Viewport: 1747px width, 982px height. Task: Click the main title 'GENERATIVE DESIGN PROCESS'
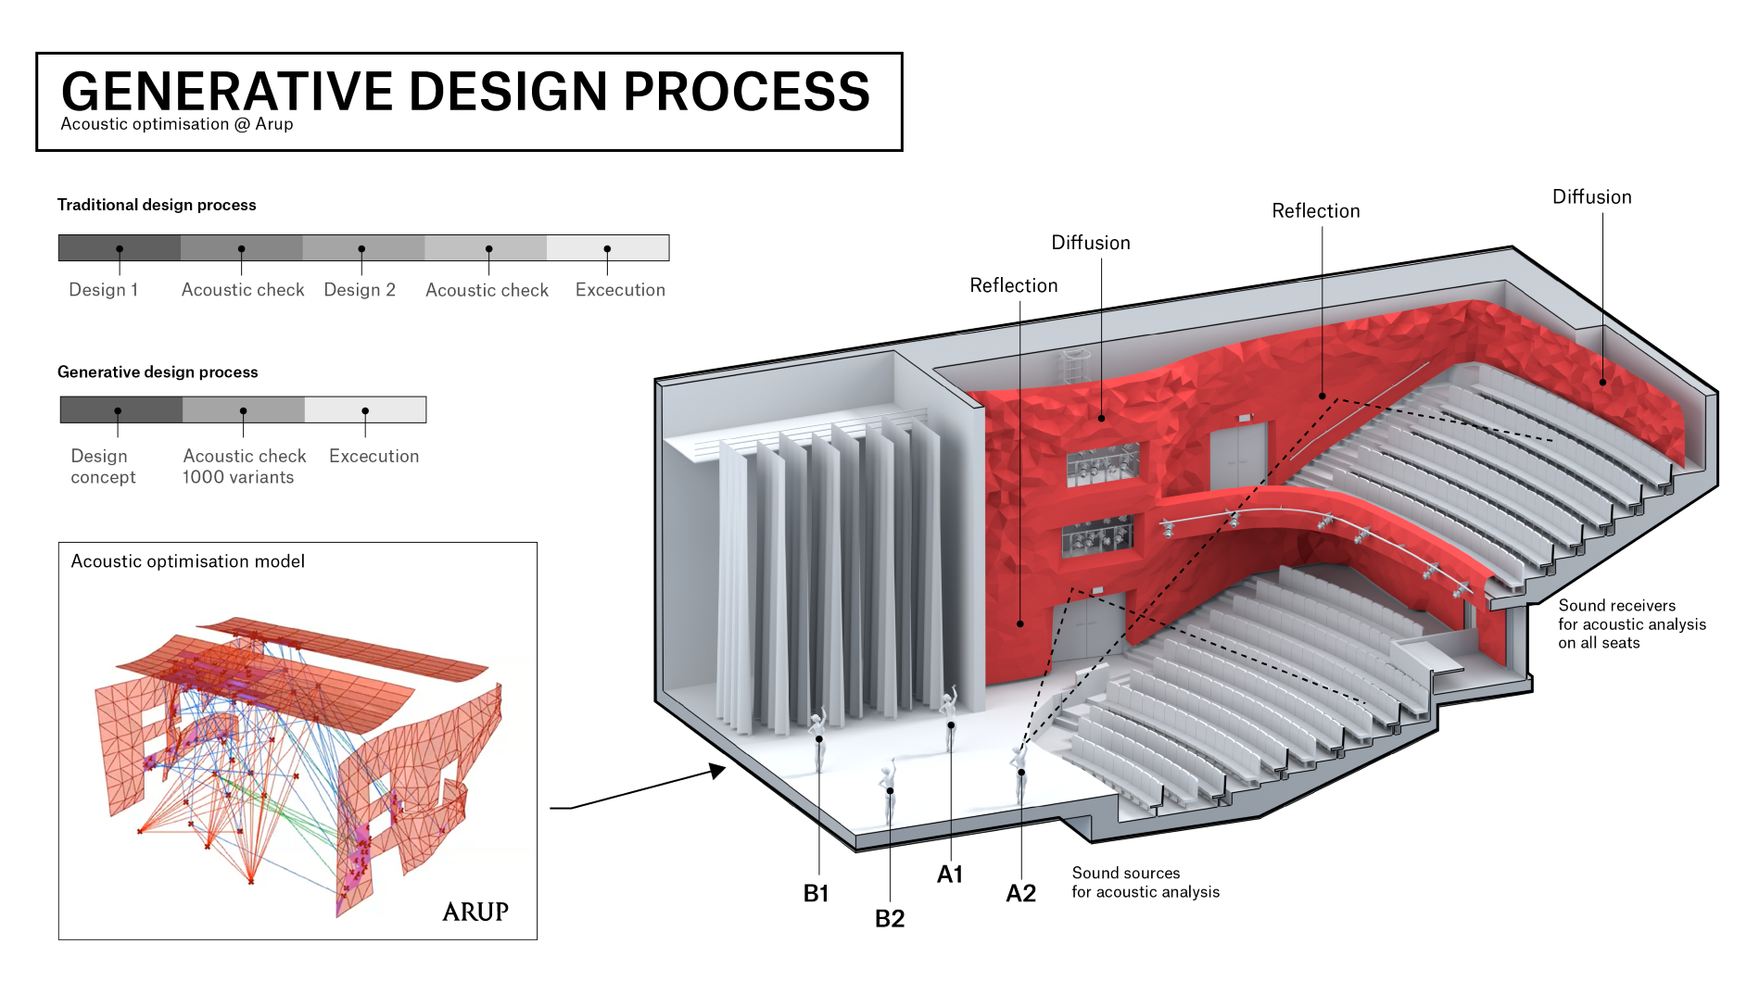pyautogui.click(x=465, y=92)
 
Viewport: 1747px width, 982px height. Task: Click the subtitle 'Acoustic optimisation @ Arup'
pyautogui.click(x=177, y=124)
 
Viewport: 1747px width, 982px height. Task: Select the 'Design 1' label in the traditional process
pyautogui.click(x=104, y=290)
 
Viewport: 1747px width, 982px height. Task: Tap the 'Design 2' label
pyautogui.click(x=360, y=290)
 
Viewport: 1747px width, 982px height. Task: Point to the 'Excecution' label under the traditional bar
pyautogui.click(x=620, y=290)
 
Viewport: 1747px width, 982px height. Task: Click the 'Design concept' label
pyautogui.click(x=103, y=467)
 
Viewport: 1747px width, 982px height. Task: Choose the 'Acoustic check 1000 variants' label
pyautogui.click(x=244, y=467)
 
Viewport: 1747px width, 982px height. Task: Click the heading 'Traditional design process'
pyautogui.click(x=157, y=205)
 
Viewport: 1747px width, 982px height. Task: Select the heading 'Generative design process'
pyautogui.click(x=158, y=372)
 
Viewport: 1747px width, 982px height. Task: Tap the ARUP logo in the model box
pyautogui.click(x=475, y=912)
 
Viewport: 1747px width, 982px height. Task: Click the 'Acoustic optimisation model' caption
pyautogui.click(x=188, y=561)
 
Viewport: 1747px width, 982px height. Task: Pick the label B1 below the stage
pyautogui.click(x=816, y=894)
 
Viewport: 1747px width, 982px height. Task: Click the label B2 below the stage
pyautogui.click(x=890, y=919)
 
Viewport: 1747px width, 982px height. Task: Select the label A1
pyautogui.click(x=950, y=875)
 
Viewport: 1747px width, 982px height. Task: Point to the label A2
pyautogui.click(x=1020, y=894)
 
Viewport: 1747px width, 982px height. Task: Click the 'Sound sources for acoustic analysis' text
pyautogui.click(x=1146, y=883)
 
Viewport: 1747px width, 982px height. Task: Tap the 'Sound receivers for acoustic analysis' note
pyautogui.click(x=1631, y=624)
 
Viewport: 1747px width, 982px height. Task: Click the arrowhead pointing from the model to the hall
pyautogui.click(x=717, y=770)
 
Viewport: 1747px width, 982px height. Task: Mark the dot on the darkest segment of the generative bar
pyautogui.click(x=118, y=410)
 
